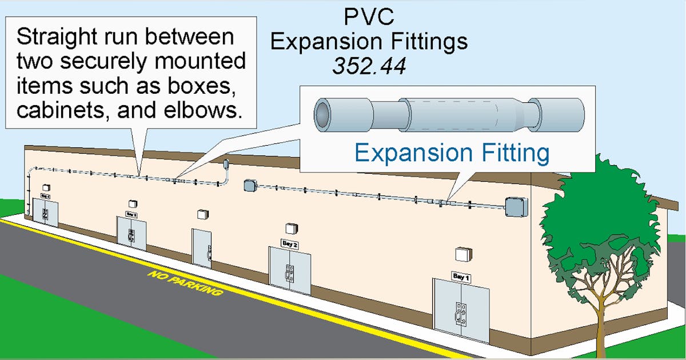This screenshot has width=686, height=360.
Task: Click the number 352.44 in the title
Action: coord(369,66)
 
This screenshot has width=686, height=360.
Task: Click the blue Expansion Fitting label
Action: coord(452,153)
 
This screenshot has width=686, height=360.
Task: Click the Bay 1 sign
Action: coord(461,276)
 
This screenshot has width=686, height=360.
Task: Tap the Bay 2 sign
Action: coord(290,243)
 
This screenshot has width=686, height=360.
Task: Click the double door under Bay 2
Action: coord(290,270)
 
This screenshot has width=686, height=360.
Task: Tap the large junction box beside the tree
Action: coord(515,207)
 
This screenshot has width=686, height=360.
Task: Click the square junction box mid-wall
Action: coord(249,186)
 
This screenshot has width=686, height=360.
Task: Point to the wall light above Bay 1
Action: coord(462,254)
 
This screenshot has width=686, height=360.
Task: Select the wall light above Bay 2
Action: coord(291,228)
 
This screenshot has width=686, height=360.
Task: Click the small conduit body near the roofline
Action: coord(227,165)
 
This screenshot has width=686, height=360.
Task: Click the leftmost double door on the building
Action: coord(45,212)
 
